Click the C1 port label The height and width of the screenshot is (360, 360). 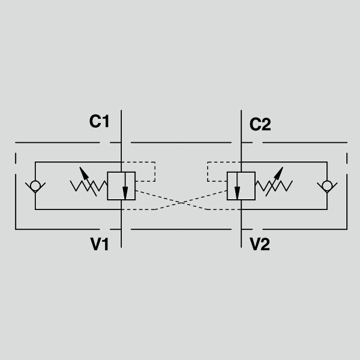pos(99,121)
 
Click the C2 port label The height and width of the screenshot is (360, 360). pos(260,124)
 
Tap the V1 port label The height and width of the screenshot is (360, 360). pos(100,244)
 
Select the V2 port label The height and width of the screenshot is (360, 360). pos(260,244)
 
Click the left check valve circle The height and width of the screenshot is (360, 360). pos(35,186)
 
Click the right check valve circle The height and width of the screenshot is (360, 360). pos(327,186)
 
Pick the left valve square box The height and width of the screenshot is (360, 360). pos(107,186)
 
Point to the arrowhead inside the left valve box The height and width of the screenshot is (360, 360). pos(125,193)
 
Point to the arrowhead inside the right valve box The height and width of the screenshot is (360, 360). pos(237,193)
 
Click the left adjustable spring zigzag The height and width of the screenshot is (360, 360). pos(89,186)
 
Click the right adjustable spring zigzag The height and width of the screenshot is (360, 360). pos(274,186)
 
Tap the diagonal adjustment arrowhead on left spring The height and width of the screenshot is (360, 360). pos(84,173)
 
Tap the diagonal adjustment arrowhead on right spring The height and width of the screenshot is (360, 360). pos(279,173)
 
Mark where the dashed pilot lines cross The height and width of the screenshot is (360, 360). pos(182,203)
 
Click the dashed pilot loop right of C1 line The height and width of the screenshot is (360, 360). pos(155,172)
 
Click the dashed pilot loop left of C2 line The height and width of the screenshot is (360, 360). pos(208,172)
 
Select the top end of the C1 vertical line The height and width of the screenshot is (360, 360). pos(121,110)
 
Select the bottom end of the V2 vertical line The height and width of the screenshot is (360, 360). pos(241,247)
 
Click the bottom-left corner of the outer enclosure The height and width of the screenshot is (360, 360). pos(16,229)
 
